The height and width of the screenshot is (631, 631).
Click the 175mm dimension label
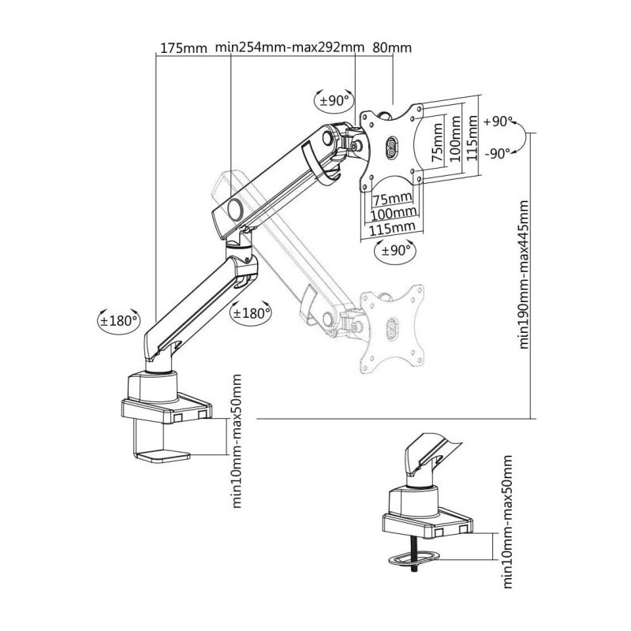tap(184, 48)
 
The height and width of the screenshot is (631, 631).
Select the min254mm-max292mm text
tap(289, 47)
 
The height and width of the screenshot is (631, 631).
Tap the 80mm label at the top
tap(392, 47)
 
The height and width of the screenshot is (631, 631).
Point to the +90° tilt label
tap(498, 121)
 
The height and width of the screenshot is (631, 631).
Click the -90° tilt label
tap(498, 153)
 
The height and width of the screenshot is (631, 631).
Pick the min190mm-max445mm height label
tap(524, 274)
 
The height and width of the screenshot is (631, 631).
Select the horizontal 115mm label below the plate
tap(392, 229)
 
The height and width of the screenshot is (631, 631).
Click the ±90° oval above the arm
tap(334, 100)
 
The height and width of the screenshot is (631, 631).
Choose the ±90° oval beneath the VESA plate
tap(394, 251)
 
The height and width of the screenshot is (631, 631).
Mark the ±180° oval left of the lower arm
tap(119, 321)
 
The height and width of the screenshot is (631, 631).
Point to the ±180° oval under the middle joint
tap(250, 312)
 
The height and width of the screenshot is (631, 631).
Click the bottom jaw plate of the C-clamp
tap(162, 457)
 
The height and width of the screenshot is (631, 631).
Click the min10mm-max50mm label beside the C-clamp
tap(237, 441)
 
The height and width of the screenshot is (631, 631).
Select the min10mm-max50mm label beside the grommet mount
tap(508, 522)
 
